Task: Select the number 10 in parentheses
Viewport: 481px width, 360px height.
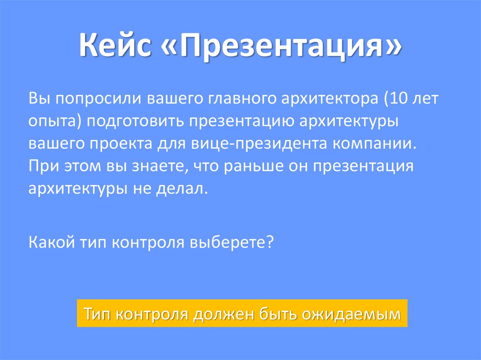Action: (x=394, y=100)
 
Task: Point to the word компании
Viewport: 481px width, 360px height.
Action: (x=375, y=144)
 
